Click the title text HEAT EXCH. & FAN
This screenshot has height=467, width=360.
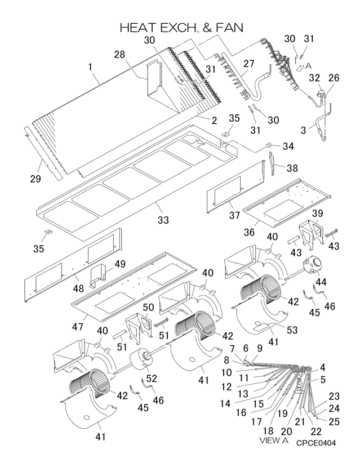coord(181,28)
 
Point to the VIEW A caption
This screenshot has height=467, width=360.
coord(273,439)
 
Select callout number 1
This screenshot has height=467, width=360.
coord(90,66)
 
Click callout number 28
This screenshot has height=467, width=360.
coord(119,54)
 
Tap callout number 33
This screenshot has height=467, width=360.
coord(163,220)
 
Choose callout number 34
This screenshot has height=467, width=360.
coord(288,146)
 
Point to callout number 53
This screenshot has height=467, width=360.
coord(292,330)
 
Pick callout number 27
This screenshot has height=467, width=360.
coord(248,64)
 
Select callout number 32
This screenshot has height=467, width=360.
coord(314,78)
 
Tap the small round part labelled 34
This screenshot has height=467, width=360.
coord(269,145)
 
